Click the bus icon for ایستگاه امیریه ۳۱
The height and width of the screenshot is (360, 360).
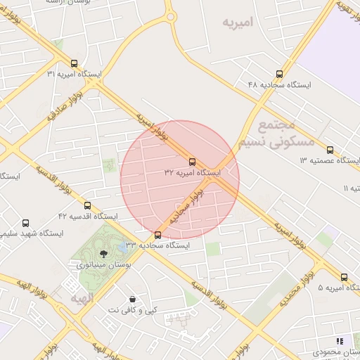tap(75, 63)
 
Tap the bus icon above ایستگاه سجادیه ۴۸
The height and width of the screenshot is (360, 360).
tap(280, 74)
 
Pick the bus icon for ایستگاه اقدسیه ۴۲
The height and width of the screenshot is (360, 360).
tap(87, 205)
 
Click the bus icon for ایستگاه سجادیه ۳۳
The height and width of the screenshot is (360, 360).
tap(157, 235)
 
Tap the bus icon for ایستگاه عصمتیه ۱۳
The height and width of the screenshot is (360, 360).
tap(330, 150)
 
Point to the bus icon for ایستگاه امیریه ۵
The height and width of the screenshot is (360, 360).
tap(344, 277)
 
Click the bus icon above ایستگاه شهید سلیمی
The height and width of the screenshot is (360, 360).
tap(26, 223)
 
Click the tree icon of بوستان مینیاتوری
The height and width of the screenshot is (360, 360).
tap(104, 253)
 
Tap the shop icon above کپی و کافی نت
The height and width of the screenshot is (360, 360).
tap(133, 299)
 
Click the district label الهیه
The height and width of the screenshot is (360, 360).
tap(82, 299)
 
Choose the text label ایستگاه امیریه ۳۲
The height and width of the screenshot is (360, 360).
tap(193, 173)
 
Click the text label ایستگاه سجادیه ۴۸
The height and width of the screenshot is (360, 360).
tap(279, 84)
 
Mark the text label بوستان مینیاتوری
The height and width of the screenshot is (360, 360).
tap(104, 265)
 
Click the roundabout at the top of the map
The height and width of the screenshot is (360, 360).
tap(170, 15)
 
